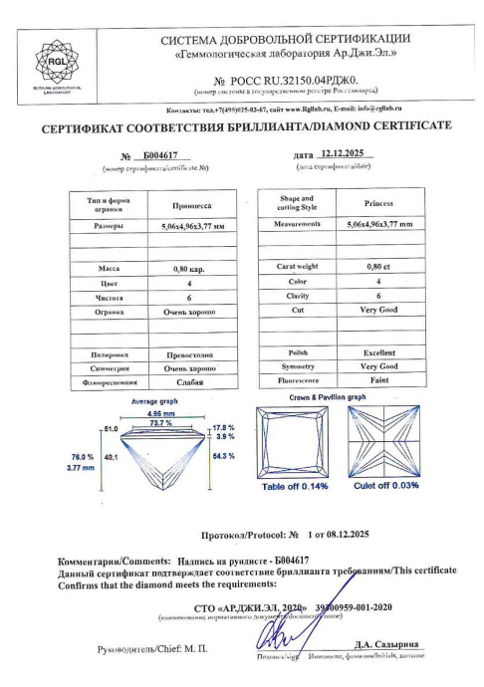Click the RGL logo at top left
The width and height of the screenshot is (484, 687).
pos(48,58)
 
